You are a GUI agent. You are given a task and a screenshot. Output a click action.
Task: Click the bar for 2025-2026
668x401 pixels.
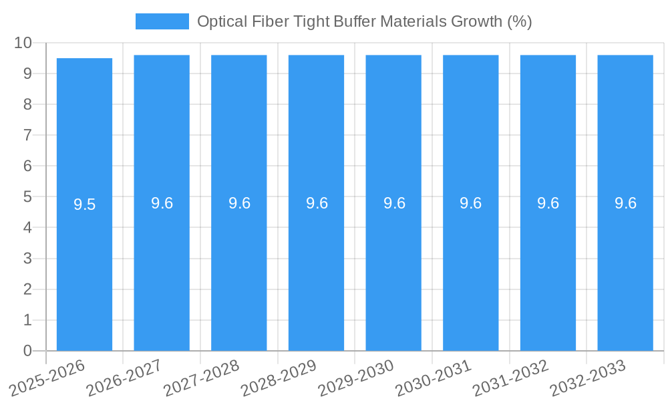point(84,267)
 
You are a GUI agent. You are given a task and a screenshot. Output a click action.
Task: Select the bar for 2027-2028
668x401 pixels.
point(239,267)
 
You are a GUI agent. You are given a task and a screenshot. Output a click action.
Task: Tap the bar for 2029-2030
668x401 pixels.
point(393,267)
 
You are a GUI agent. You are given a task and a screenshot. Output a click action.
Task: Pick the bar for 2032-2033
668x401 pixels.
point(625,267)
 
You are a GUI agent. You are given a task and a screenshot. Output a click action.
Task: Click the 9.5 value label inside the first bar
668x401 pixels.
point(85,205)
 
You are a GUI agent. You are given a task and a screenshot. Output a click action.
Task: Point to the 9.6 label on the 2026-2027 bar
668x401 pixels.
point(162,203)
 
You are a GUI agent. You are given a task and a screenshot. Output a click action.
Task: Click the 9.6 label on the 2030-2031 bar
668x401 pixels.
point(471,203)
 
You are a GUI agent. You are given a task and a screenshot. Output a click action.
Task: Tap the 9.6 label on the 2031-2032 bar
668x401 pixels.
point(548,203)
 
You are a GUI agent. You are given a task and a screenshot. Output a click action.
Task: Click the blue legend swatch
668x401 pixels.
point(162,21)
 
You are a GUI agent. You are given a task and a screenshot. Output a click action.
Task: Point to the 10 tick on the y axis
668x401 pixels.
point(23,43)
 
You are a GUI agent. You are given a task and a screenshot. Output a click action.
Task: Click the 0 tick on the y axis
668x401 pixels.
point(27,351)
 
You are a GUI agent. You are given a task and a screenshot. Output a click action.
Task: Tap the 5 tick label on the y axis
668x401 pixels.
point(27,196)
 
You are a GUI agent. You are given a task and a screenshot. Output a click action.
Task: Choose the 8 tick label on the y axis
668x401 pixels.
point(27,104)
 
